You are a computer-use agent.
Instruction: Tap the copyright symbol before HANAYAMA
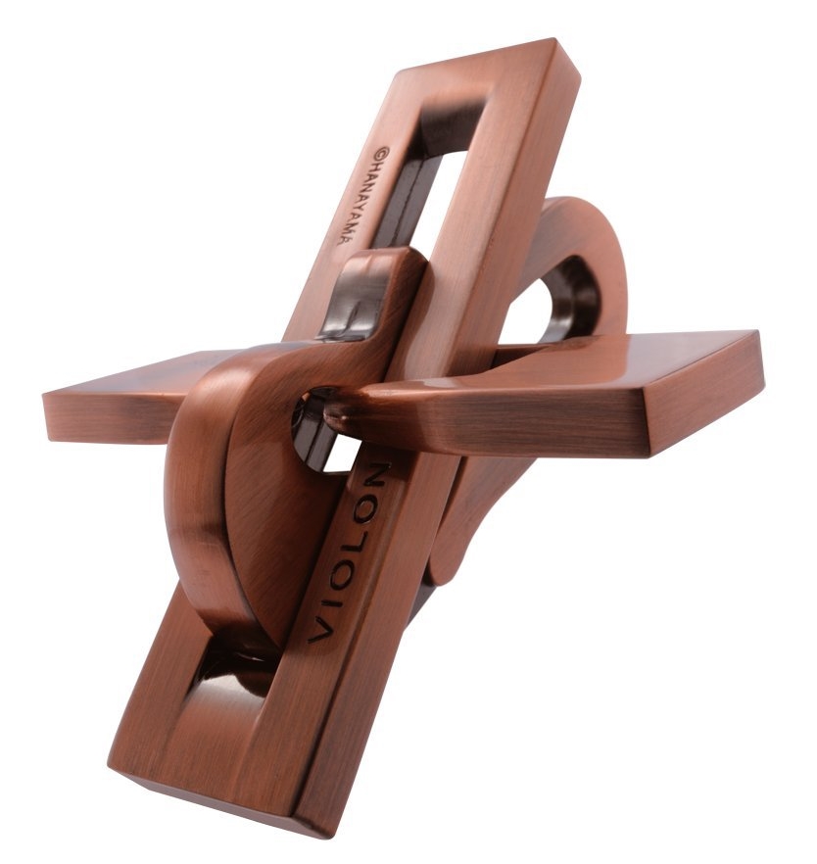point(382,153)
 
